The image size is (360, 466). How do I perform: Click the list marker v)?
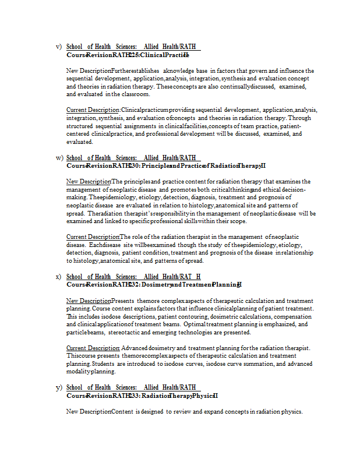(x=58, y=47)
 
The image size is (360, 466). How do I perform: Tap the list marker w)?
(x=58, y=158)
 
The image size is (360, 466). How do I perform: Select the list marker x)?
(x=58, y=277)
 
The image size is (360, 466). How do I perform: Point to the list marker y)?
(x=58, y=387)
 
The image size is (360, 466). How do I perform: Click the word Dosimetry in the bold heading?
(x=156, y=284)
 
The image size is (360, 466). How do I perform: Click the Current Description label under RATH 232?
(x=93, y=348)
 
